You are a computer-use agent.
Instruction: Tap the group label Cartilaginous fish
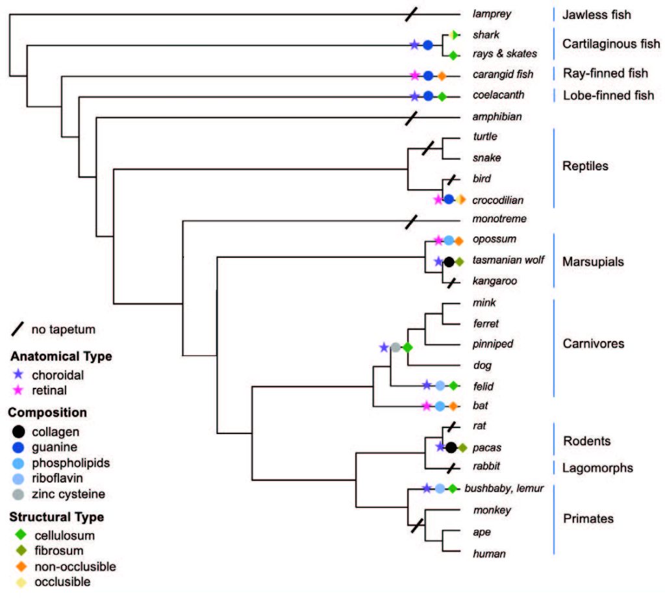tap(610, 44)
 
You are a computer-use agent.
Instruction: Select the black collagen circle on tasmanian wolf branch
tap(448, 262)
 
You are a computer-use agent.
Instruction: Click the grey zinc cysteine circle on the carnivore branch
tap(395, 348)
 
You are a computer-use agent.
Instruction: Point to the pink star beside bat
tap(426, 406)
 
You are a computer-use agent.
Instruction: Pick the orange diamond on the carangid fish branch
tap(441, 75)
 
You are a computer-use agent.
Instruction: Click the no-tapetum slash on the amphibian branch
tap(410, 118)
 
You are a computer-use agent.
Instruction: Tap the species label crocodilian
tap(498, 200)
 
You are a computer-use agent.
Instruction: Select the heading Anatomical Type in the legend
tap(61, 356)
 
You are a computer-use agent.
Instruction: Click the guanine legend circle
tap(20, 447)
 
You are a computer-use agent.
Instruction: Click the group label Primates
tap(588, 518)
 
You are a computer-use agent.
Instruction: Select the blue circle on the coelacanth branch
tap(428, 97)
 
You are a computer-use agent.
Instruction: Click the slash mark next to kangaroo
tap(448, 283)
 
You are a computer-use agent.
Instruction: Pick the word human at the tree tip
tap(488, 554)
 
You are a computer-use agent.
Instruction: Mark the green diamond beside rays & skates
tap(453, 56)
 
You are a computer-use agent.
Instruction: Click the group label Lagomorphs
tap(597, 467)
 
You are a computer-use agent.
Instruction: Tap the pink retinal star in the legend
tap(19, 390)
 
